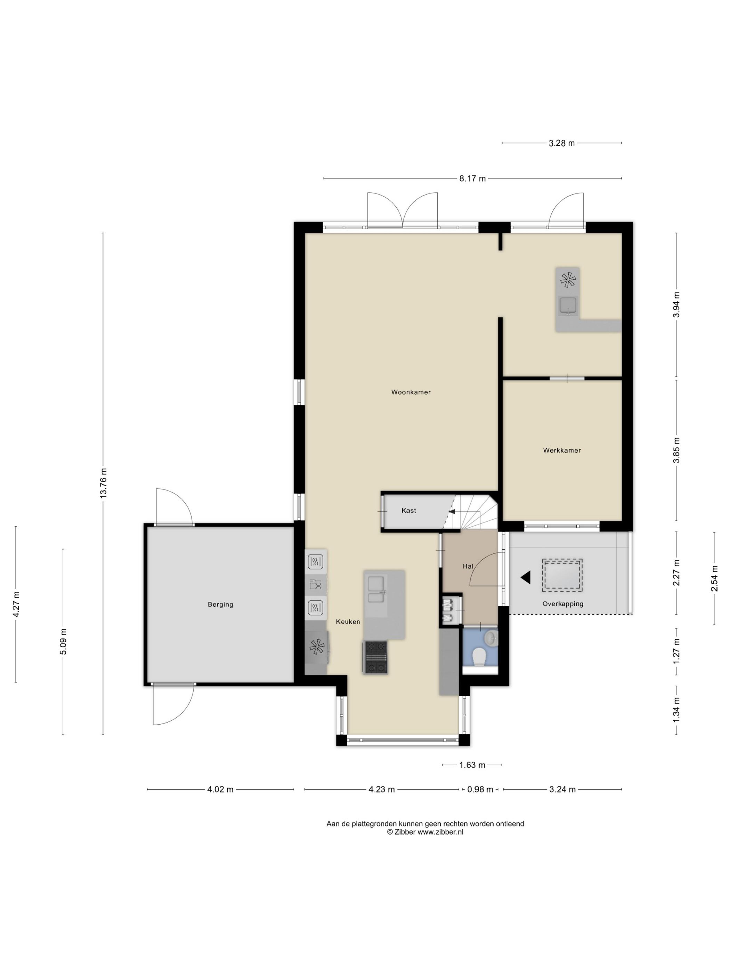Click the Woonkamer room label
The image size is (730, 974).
point(411,392)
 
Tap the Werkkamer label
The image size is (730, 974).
point(561,450)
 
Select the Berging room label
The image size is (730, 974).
point(220,604)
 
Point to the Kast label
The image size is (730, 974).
point(408,510)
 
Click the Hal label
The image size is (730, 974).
point(468,566)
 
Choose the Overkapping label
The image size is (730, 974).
point(563,604)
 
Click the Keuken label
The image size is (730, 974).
point(348,621)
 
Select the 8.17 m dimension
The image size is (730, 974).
point(472,178)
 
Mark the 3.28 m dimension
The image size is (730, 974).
point(561,143)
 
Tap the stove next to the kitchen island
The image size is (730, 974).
point(375,657)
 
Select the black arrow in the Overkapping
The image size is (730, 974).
point(525,577)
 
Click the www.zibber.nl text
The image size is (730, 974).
point(440,832)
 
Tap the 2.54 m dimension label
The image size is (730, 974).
point(714,578)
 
